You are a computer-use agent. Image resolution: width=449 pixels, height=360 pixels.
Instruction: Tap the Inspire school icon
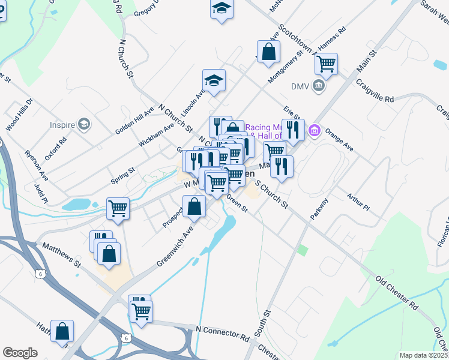pos(84,125)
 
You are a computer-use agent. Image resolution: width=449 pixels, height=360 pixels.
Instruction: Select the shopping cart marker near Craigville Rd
pos(326,64)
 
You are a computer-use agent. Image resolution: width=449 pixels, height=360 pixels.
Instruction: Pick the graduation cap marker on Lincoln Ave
pos(214,80)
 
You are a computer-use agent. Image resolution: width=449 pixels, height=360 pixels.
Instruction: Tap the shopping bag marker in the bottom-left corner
pos(62,331)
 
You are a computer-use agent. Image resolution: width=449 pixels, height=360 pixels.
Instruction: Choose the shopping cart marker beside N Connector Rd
pos(142,311)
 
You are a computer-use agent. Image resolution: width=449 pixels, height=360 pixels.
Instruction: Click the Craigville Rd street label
pos(374,90)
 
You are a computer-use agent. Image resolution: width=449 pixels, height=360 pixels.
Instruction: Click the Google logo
pos(20,353)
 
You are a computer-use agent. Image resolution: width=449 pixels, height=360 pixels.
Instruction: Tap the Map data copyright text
pos(423,355)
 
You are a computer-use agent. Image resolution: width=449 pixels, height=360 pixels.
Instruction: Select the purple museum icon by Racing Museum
pos(313,130)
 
